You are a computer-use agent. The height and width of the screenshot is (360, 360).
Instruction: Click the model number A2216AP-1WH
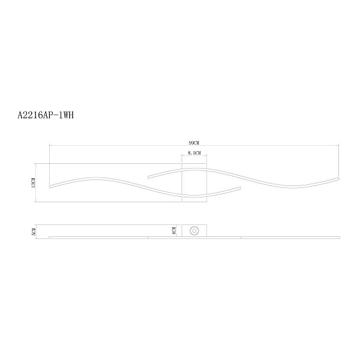point(46,115)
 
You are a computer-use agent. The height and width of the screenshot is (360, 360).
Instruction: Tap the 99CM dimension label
point(194,143)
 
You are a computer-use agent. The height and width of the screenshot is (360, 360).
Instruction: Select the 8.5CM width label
point(194,152)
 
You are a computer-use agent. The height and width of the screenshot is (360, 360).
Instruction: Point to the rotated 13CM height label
point(34,183)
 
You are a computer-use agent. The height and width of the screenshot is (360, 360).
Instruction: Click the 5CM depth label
point(34,232)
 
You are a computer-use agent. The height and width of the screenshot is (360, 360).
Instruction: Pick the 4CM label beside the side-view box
point(174,231)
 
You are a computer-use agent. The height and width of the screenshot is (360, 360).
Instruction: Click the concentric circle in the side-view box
point(194,231)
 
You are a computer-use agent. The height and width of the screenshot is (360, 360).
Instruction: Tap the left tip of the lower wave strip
point(50,186)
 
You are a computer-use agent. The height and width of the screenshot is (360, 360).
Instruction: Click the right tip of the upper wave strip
point(338,179)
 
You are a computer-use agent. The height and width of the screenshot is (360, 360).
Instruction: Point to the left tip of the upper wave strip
point(149,177)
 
